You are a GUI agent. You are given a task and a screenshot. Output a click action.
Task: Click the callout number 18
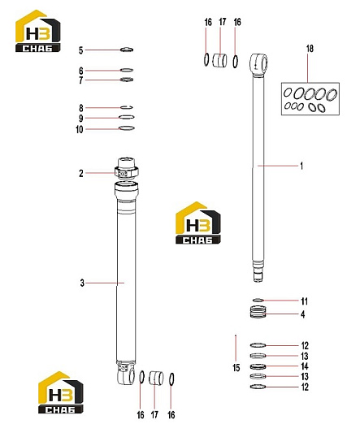pyautogui.click(x=310, y=49)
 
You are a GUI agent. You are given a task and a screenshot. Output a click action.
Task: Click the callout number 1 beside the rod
pyautogui.click(x=301, y=166)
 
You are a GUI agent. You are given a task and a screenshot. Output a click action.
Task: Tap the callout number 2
pyautogui.click(x=81, y=173)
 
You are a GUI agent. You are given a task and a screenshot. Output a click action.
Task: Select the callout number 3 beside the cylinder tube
pyautogui.click(x=82, y=283)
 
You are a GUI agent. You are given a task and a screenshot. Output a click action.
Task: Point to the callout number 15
pyautogui.click(x=236, y=368)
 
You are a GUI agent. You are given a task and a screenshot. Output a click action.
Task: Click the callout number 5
pyautogui.click(x=81, y=50)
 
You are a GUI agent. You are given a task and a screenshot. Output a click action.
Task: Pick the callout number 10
pyautogui.click(x=80, y=129)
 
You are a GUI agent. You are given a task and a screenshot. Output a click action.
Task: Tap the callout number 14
pyautogui.click(x=305, y=366)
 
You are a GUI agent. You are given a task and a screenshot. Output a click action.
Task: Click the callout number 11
pyautogui.click(x=304, y=301)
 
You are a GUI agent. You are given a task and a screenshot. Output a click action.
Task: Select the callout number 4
pyautogui.click(x=303, y=314)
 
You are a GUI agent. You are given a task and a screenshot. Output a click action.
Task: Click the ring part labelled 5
pyautogui.click(x=127, y=50)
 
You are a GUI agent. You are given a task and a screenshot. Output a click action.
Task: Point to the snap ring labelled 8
pyautogui.click(x=127, y=107)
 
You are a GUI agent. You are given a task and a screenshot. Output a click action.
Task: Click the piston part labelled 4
pyautogui.click(x=258, y=311)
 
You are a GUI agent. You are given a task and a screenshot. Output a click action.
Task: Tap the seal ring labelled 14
pyautogui.click(x=258, y=366)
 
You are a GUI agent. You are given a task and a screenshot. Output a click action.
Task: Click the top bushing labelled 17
pyautogui.click(x=219, y=60)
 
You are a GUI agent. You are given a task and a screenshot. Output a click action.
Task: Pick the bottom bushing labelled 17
pyautogui.click(x=156, y=378)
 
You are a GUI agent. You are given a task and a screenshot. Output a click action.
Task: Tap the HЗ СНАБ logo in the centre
pyautogui.click(x=198, y=223)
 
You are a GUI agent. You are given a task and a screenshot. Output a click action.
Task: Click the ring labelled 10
pyautogui.click(x=127, y=128)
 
